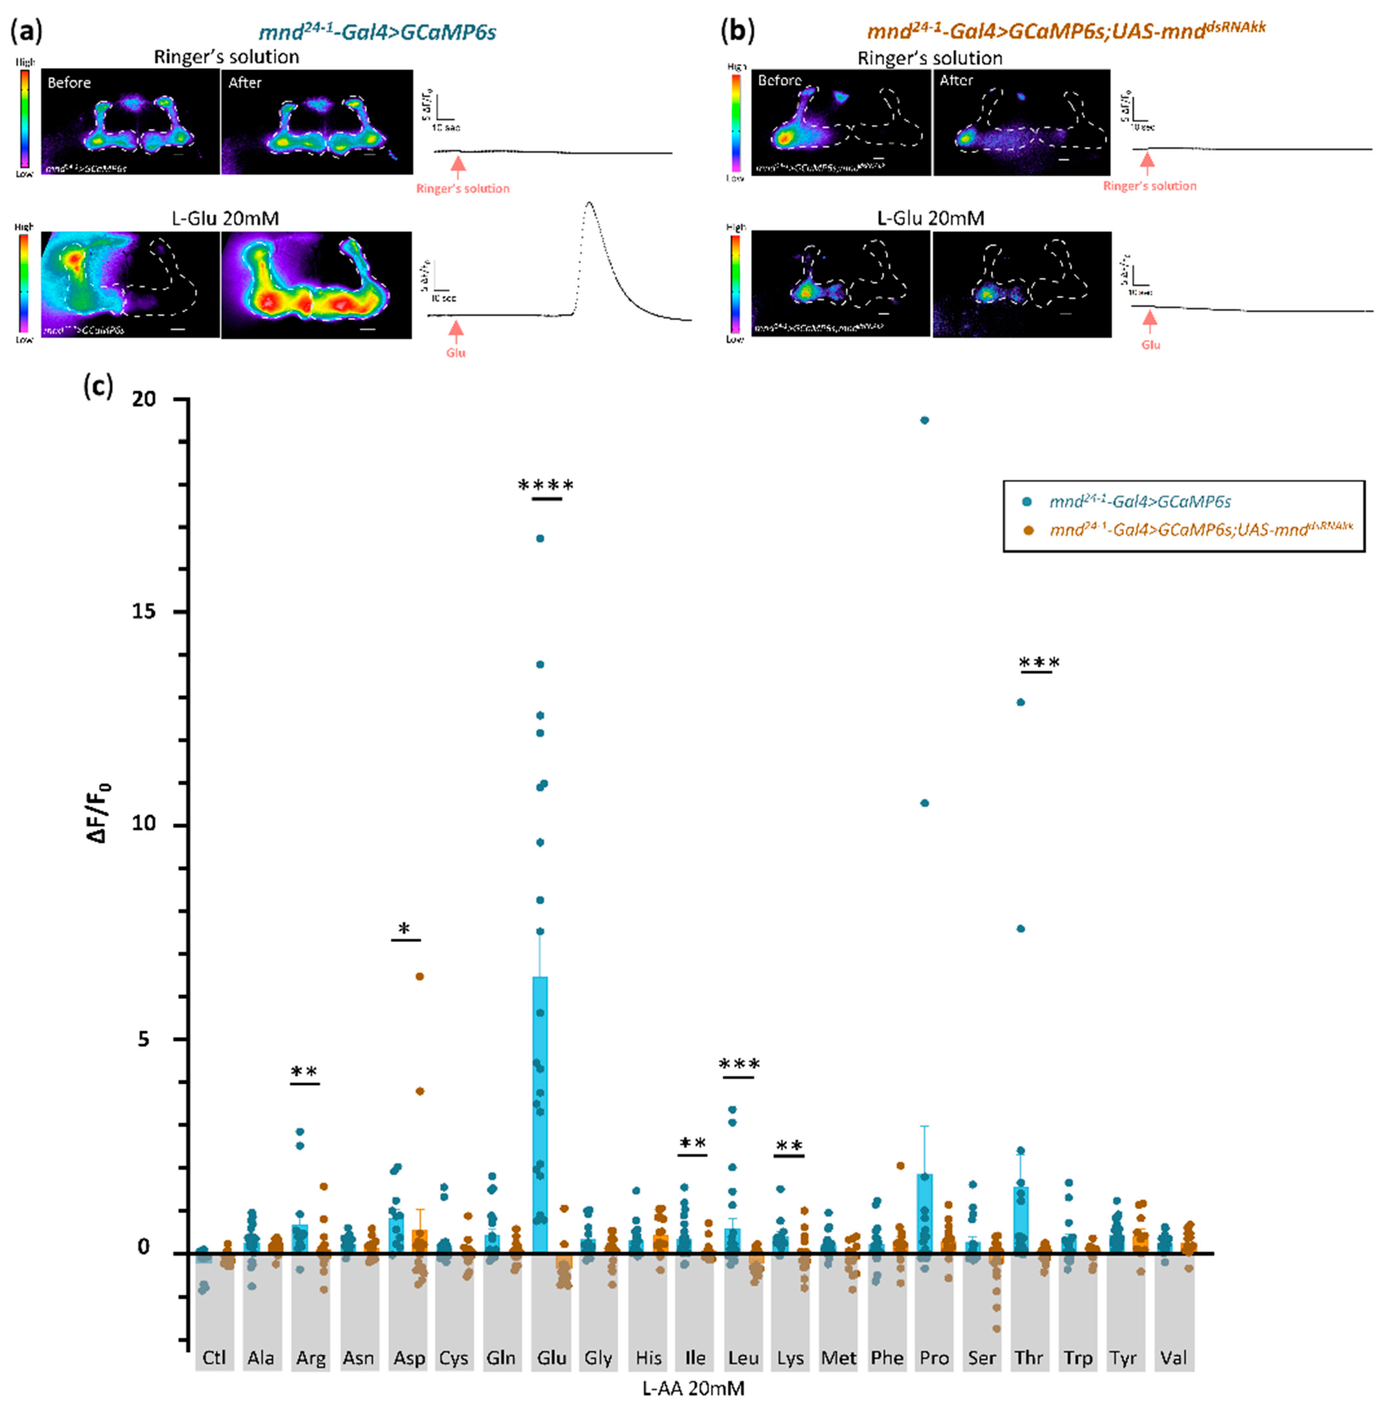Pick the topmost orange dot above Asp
point(419,976)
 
